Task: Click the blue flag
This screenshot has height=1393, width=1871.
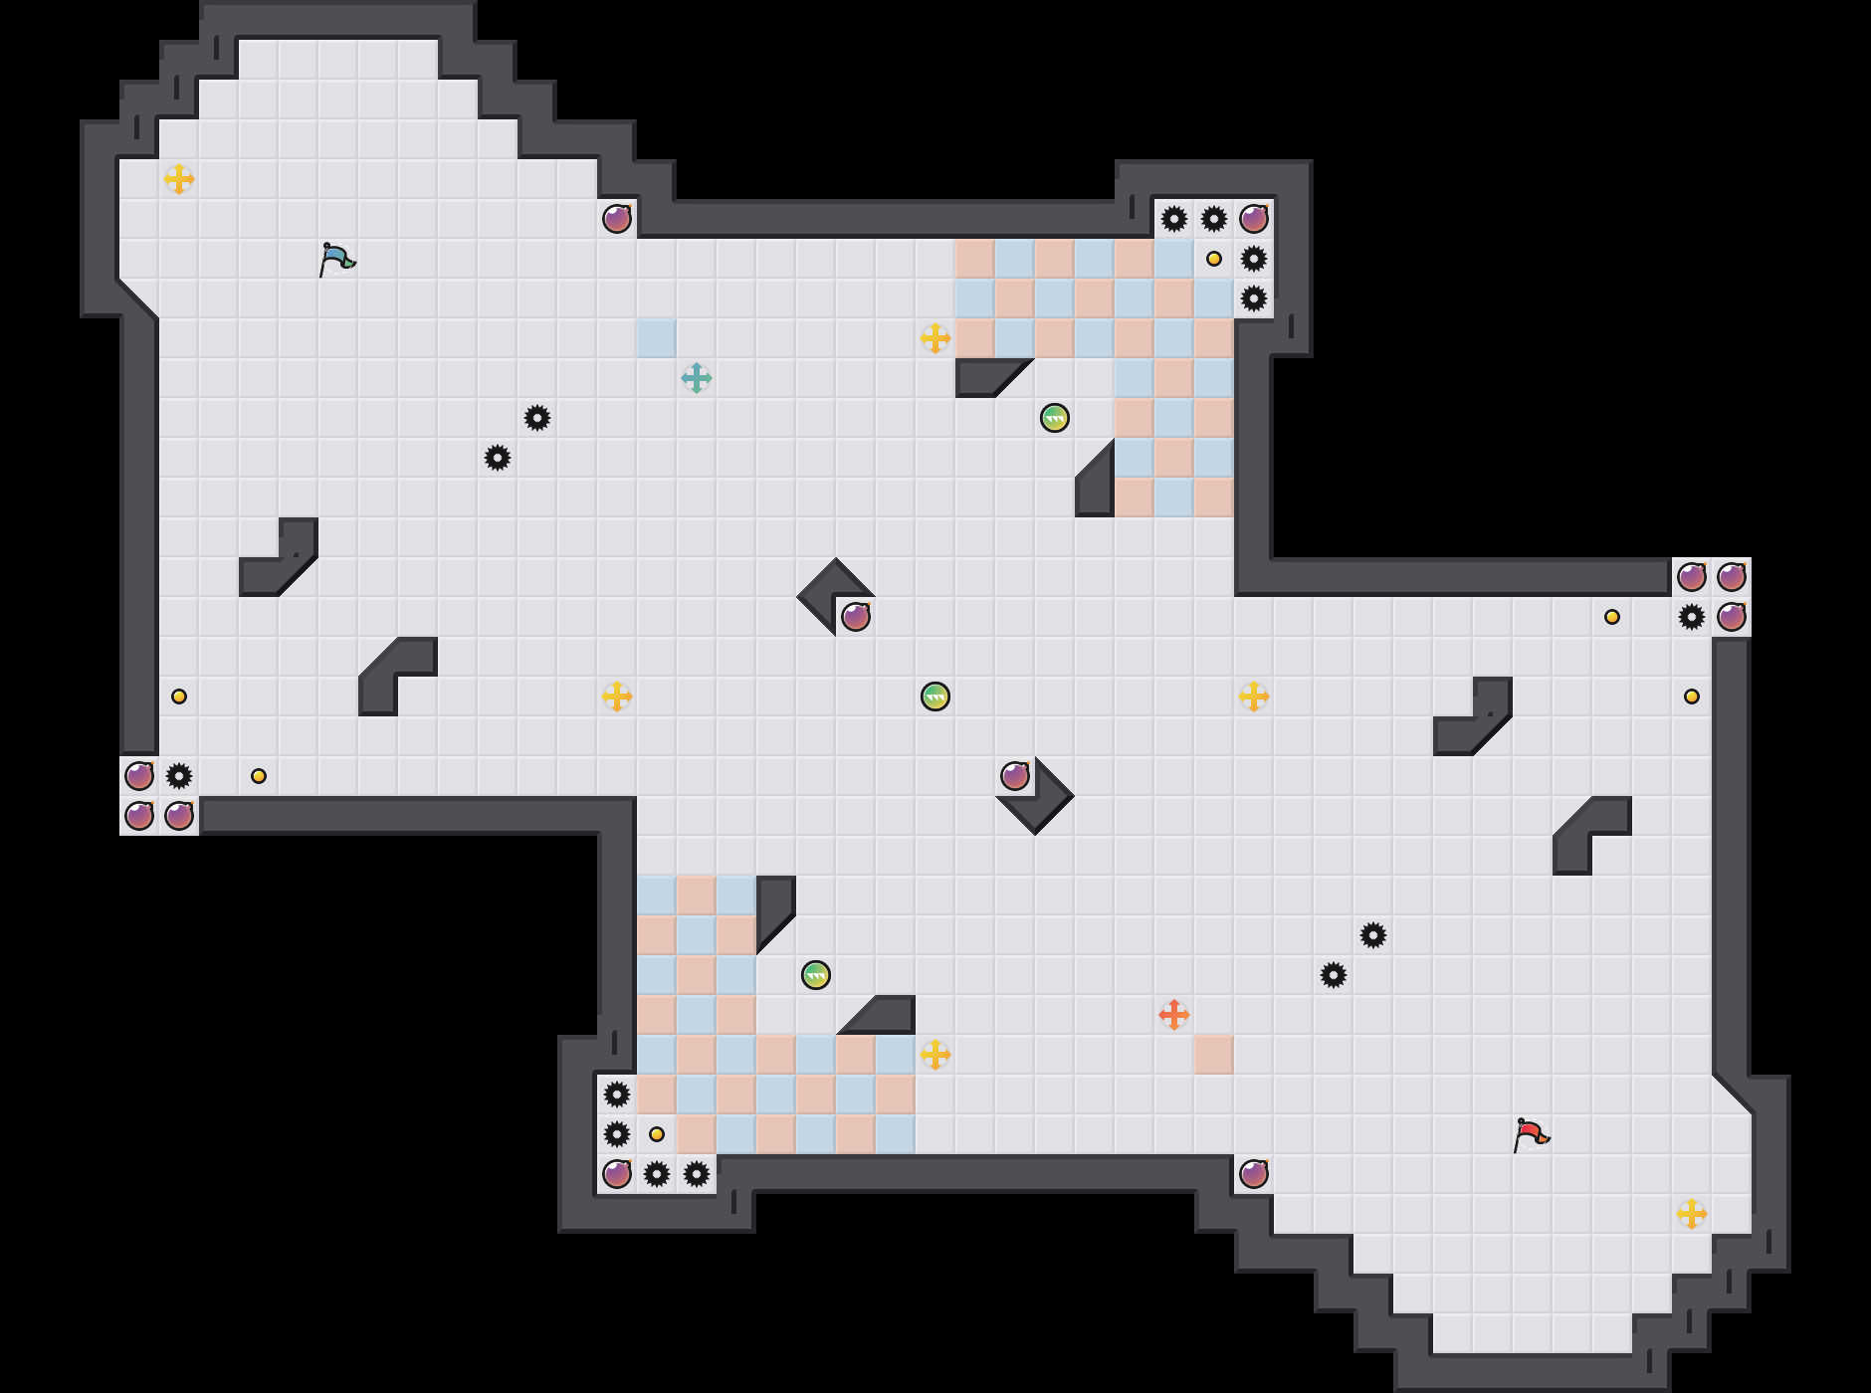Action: click(x=336, y=259)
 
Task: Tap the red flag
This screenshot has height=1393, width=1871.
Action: click(x=1531, y=1134)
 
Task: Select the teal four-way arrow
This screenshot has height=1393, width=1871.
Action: click(x=697, y=378)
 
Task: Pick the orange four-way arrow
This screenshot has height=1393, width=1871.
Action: click(x=1174, y=1015)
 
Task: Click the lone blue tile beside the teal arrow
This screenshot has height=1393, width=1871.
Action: click(x=657, y=338)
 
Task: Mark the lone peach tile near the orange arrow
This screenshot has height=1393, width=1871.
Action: click(x=1214, y=1055)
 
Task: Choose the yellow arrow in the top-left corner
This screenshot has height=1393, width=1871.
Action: click(x=179, y=179)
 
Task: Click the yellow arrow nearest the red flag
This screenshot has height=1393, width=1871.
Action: click(x=1692, y=1214)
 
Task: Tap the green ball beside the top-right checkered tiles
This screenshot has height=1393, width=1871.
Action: click(x=1055, y=418)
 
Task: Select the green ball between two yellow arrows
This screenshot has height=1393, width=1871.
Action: click(x=935, y=696)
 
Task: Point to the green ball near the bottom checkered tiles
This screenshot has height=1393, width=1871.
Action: click(x=816, y=975)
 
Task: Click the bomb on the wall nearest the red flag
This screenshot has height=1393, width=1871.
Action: click(x=1254, y=1174)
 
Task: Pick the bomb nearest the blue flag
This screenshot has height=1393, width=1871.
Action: click(x=617, y=219)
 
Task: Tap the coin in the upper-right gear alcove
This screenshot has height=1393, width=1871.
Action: click(x=1214, y=259)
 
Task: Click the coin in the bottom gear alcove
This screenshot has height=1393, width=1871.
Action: click(x=657, y=1134)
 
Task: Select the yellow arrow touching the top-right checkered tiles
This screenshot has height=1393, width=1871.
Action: click(x=935, y=338)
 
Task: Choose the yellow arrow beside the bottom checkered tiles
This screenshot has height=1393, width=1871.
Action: click(x=935, y=1055)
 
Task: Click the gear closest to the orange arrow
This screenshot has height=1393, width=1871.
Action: click(x=1334, y=975)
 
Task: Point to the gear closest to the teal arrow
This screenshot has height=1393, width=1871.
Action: click(x=537, y=418)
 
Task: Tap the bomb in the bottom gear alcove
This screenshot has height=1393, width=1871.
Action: click(x=617, y=1174)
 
